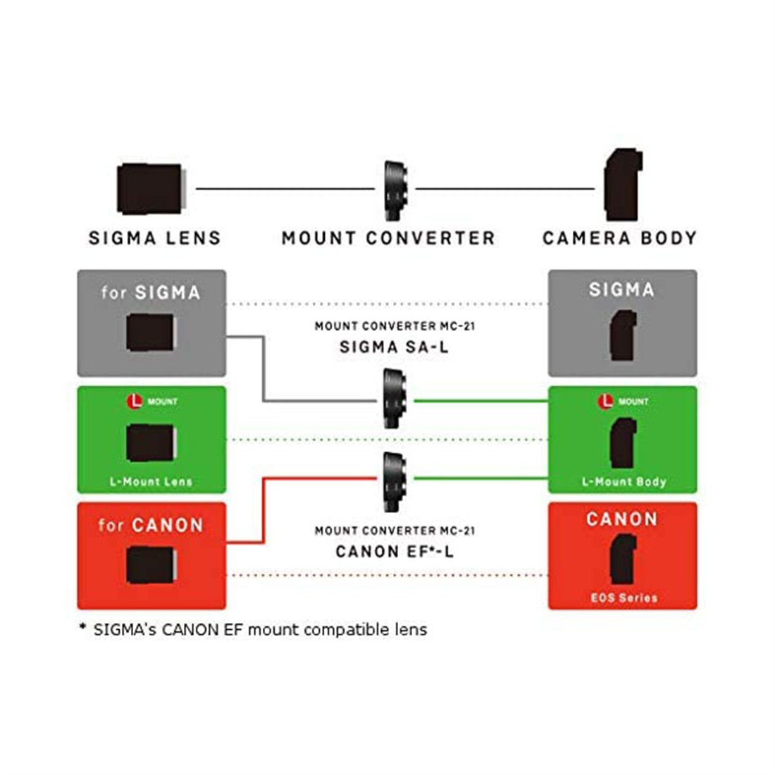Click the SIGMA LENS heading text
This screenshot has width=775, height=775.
click(x=154, y=238)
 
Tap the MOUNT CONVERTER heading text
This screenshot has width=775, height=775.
click(x=388, y=238)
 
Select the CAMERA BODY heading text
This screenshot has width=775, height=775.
click(x=619, y=238)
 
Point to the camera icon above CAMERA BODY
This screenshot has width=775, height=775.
click(x=623, y=185)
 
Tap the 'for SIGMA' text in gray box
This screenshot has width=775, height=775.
click(x=150, y=292)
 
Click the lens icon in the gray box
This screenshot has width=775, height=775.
click(x=150, y=333)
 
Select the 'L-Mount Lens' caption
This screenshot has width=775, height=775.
click(x=151, y=482)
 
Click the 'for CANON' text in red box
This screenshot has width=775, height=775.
click(x=150, y=525)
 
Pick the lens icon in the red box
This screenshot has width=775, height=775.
click(x=150, y=566)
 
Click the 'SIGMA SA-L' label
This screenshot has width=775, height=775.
click(x=394, y=347)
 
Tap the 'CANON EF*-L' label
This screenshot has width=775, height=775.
click(x=395, y=551)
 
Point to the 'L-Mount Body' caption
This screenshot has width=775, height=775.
click(x=624, y=482)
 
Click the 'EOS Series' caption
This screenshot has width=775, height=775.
click(x=624, y=597)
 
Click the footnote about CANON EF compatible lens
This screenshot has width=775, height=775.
click(x=254, y=629)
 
